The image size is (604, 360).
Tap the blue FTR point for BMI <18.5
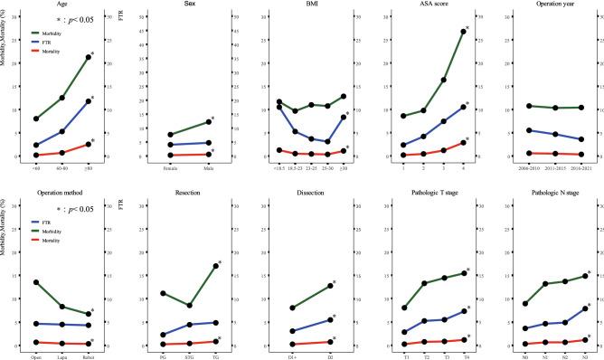[279, 108]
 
